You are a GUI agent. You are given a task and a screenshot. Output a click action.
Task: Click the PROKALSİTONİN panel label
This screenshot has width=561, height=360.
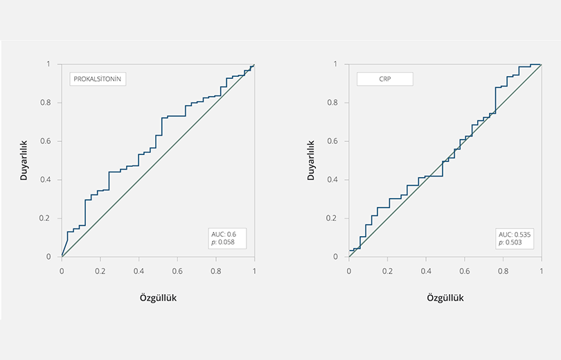click(97, 79)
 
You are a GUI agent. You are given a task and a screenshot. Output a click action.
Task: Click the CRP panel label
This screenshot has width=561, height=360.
click(384, 79)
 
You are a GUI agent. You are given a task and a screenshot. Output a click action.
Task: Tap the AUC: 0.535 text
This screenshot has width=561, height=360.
click(515, 234)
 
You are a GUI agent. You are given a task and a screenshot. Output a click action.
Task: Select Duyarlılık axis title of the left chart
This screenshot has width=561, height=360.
click(24, 160)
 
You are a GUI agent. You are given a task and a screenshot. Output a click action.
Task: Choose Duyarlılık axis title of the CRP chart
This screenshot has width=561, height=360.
click(311, 160)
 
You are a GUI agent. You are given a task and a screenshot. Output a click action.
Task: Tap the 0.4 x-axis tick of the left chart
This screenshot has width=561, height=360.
click(139, 271)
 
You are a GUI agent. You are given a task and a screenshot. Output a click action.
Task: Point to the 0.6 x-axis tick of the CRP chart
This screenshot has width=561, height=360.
click(464, 271)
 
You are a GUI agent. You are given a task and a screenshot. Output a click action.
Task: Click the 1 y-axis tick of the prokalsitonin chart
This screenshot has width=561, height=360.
click(48, 64)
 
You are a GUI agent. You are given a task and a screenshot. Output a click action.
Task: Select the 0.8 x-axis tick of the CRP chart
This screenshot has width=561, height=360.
click(503, 271)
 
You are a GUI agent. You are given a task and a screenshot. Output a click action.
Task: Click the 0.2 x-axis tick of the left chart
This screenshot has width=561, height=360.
click(100, 271)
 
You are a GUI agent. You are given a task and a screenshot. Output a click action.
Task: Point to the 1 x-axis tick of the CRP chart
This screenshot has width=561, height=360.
click(541, 271)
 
